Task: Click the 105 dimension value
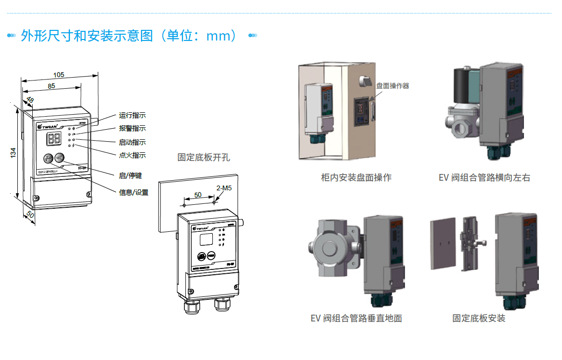[59, 75]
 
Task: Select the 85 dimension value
[52, 86]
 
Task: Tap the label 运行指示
[132, 116]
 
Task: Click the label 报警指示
[132, 129]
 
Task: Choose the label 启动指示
[132, 142]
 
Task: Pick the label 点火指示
[132, 155]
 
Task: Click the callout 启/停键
[131, 176]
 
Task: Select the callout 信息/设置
[133, 192]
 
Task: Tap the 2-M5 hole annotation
[224, 188]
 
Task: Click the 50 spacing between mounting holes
[198, 195]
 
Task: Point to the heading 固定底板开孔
[204, 157]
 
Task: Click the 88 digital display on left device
[53, 139]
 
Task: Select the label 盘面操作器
[392, 86]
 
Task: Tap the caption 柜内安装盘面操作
[356, 177]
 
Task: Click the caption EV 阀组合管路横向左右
[484, 177]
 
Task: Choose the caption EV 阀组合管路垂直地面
[356, 318]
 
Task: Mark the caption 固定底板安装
[479, 318]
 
